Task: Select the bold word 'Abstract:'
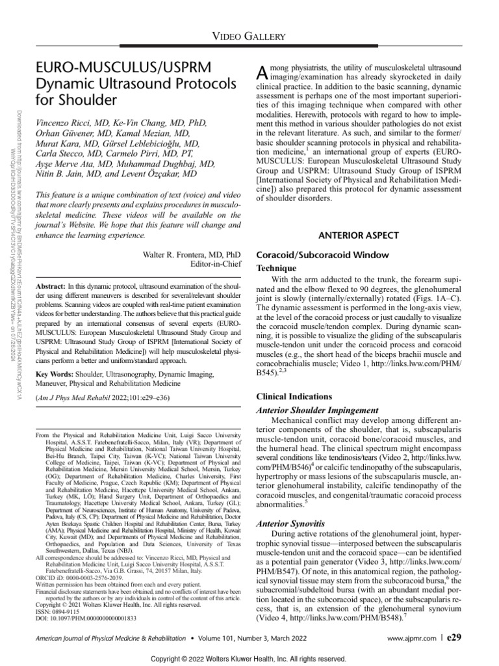tap(53, 286)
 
